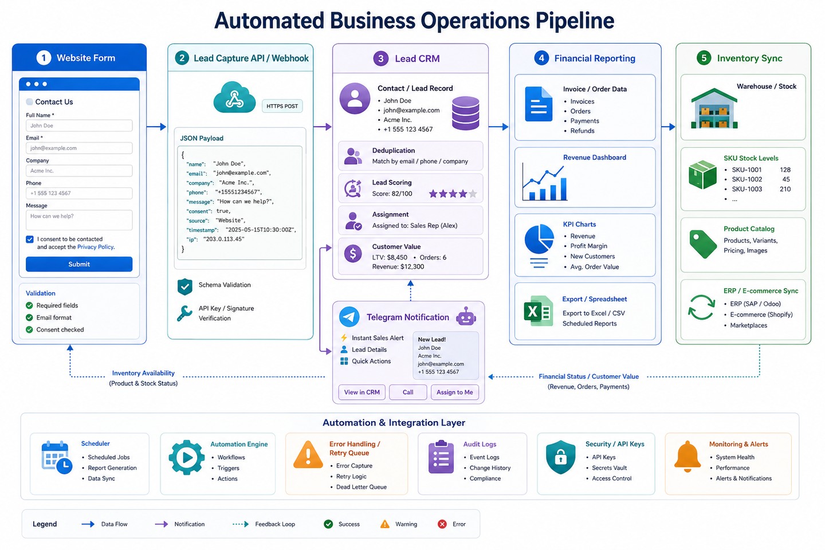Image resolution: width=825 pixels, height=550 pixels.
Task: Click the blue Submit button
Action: coord(79,264)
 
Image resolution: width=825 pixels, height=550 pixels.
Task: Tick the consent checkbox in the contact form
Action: coord(30,239)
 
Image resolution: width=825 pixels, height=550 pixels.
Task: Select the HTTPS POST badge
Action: coord(282,106)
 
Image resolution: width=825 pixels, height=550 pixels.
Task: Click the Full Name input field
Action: coord(79,125)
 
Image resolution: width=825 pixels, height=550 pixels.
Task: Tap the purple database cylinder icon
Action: coord(466,113)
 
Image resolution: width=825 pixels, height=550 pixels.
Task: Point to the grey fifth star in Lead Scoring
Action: coord(473,194)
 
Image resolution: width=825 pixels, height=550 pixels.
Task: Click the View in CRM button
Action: coord(362,392)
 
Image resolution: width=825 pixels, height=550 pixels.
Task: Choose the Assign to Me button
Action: coord(454,392)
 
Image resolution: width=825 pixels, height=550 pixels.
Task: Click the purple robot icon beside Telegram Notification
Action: coord(466,316)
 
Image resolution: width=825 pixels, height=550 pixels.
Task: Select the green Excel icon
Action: coord(538,311)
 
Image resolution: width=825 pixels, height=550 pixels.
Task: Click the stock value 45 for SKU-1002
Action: coord(785,179)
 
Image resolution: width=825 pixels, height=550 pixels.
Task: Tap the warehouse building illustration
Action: coord(714,108)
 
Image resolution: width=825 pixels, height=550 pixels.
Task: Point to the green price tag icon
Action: coord(703,244)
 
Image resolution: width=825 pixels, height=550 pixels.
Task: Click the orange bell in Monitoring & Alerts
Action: coord(687,456)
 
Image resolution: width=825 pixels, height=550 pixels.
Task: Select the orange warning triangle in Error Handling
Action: coord(308,454)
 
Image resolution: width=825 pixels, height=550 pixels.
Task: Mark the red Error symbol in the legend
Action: coord(442,524)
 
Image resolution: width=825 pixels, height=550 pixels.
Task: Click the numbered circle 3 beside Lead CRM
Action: coord(381,58)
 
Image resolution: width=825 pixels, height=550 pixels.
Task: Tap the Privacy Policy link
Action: coord(96,247)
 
